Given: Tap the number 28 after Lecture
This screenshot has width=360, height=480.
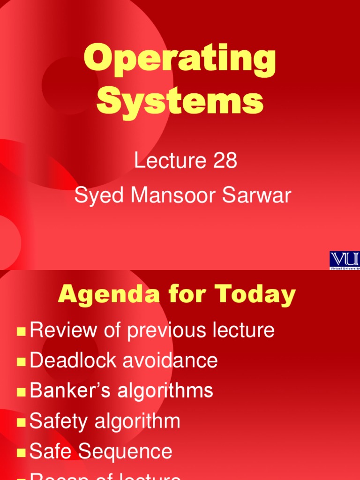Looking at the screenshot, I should pyautogui.click(x=225, y=161).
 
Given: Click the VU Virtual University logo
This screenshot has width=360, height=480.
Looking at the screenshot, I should pyautogui.click(x=345, y=260).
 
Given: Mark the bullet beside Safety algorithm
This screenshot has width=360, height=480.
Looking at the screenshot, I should pyautogui.click(x=21, y=423).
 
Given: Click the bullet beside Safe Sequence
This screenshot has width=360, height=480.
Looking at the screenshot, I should pyautogui.click(x=21, y=453).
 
